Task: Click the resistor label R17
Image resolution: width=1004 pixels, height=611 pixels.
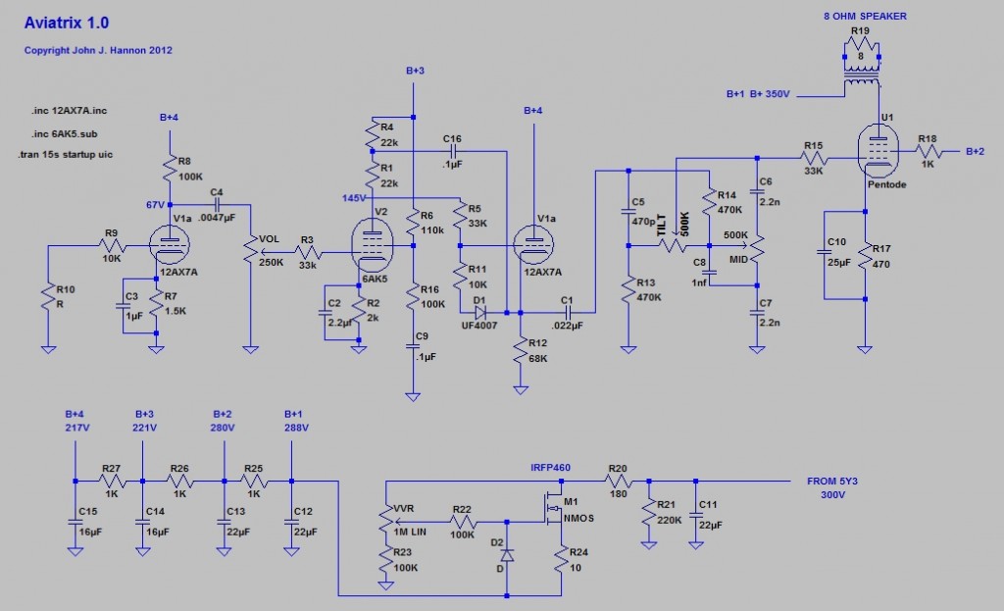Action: (x=882, y=248)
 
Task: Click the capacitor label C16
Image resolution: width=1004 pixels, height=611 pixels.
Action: (x=452, y=139)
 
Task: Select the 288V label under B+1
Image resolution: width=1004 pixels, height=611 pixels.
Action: (x=295, y=429)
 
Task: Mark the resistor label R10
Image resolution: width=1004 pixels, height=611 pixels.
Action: (x=66, y=289)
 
